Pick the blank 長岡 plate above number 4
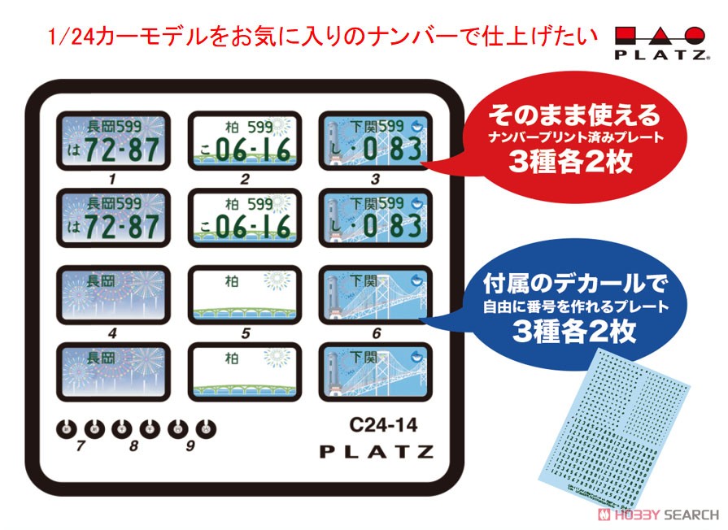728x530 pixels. click(x=114, y=296)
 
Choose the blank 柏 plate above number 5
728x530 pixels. click(x=244, y=296)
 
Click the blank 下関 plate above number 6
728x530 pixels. click(x=374, y=296)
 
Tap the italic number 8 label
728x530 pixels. click(x=134, y=446)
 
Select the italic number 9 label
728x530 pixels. click(x=190, y=446)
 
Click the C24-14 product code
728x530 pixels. click(x=383, y=424)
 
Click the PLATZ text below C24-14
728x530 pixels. click(x=376, y=452)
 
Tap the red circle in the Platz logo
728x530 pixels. click(x=695, y=37)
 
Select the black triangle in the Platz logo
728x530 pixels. click(x=661, y=37)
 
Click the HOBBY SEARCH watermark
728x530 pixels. click(x=659, y=515)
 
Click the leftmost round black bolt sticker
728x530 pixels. click(x=68, y=427)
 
